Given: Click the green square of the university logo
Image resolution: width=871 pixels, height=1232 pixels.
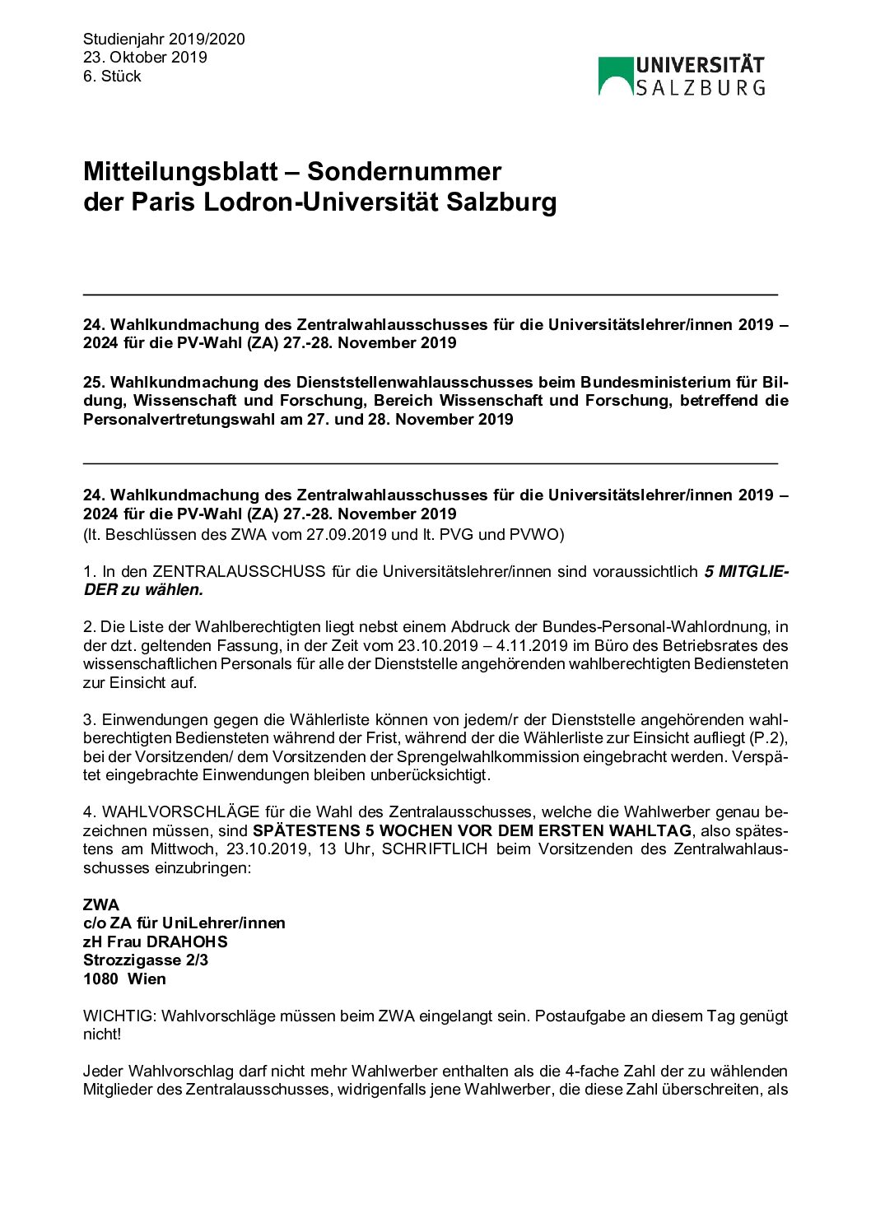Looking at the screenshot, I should point(616,76).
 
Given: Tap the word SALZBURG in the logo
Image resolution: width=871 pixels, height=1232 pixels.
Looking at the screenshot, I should point(701,87).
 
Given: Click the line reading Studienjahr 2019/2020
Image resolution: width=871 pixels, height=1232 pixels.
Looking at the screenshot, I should point(164,39).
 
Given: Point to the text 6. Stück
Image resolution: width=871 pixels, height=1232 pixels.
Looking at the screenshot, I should point(112,76).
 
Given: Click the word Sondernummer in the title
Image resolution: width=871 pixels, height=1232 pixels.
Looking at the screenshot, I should point(404,171).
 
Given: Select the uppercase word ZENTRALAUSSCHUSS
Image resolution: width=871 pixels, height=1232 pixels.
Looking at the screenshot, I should point(239,571).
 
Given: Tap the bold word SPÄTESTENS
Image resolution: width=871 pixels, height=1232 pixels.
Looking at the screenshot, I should point(306,830).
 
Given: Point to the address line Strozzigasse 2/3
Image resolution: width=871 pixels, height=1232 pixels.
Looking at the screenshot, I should point(146,960).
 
